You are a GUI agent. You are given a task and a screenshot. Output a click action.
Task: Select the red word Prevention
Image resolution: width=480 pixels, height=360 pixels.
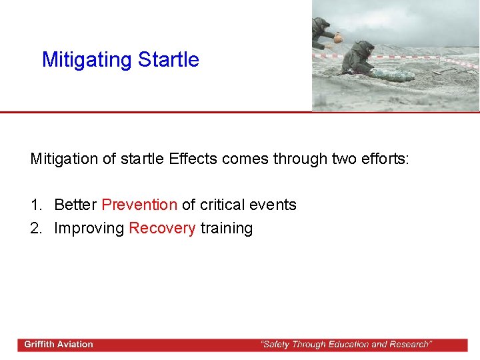click(x=139, y=205)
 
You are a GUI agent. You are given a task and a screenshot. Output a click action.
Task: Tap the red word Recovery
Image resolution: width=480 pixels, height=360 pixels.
click(x=162, y=228)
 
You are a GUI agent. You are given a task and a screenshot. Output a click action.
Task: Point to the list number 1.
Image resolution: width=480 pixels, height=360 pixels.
click(x=36, y=205)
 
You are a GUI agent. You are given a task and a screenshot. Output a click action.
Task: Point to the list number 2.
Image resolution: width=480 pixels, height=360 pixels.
click(x=36, y=228)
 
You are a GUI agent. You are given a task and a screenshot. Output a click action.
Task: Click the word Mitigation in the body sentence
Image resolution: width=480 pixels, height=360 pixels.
click(x=62, y=159)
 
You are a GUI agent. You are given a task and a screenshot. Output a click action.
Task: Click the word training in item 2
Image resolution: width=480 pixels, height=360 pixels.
click(x=227, y=228)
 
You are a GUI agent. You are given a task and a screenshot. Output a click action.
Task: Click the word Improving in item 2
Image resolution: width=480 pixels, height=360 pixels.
click(x=89, y=228)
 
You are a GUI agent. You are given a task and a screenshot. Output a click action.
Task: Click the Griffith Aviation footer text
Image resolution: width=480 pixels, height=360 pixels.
click(x=59, y=345)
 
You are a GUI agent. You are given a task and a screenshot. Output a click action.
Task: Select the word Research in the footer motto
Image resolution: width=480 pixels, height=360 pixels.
click(x=407, y=345)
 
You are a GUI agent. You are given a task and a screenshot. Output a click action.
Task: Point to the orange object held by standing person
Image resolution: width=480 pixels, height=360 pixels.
click(x=338, y=39)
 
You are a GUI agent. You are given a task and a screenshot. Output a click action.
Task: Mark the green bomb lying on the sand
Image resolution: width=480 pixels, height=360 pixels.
click(x=393, y=75)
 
